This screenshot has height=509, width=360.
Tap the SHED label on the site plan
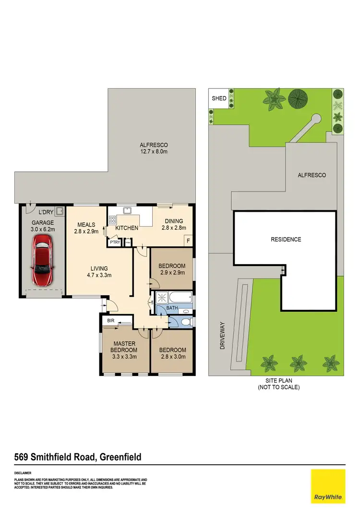tap(219, 98)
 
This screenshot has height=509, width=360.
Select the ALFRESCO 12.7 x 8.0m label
tap(153, 148)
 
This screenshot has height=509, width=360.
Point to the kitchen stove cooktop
tap(113, 220)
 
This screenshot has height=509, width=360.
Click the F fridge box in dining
tap(188, 241)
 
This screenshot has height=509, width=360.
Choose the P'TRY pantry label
tap(115, 242)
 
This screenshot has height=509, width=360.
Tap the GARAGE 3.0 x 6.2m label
tap(43, 226)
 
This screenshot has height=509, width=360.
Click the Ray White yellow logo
tap(328, 486)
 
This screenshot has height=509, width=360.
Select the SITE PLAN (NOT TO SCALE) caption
tap(278, 384)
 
